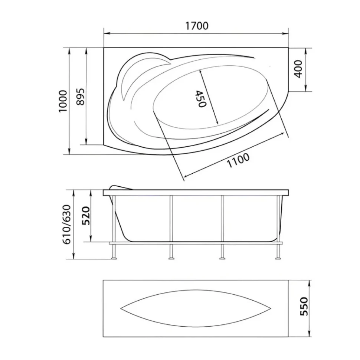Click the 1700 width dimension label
(x=197, y=26)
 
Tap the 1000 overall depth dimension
(x=63, y=101)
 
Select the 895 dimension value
(x=81, y=96)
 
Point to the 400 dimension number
(x=298, y=69)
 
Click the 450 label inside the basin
(x=200, y=99)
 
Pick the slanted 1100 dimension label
(x=238, y=160)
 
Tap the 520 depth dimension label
(x=86, y=216)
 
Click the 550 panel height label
(x=304, y=306)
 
